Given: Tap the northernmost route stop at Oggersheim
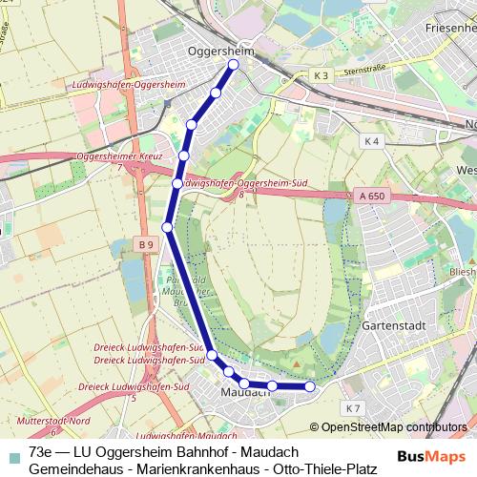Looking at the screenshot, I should [x=233, y=65].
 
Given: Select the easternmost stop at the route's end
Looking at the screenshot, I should [x=309, y=386].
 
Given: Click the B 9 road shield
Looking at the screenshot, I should [x=145, y=245].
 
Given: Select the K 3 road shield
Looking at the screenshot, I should [x=321, y=75].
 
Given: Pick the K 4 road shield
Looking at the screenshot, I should [x=371, y=140].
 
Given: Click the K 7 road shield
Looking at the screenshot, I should [x=354, y=408].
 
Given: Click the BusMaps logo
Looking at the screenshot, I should [x=431, y=456].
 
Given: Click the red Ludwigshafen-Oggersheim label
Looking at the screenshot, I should [x=127, y=85].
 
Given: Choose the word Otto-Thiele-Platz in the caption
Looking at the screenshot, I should [x=325, y=468].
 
